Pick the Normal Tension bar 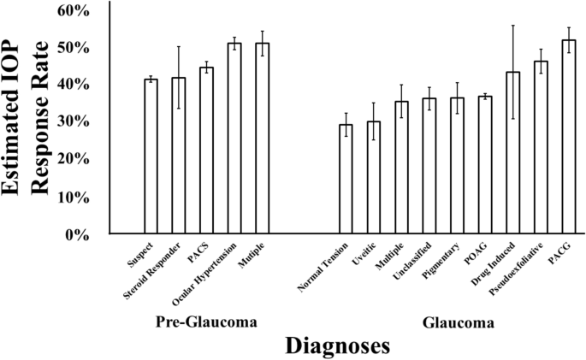346,179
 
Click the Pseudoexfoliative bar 541,147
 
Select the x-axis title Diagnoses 337,345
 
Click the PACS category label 202,251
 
